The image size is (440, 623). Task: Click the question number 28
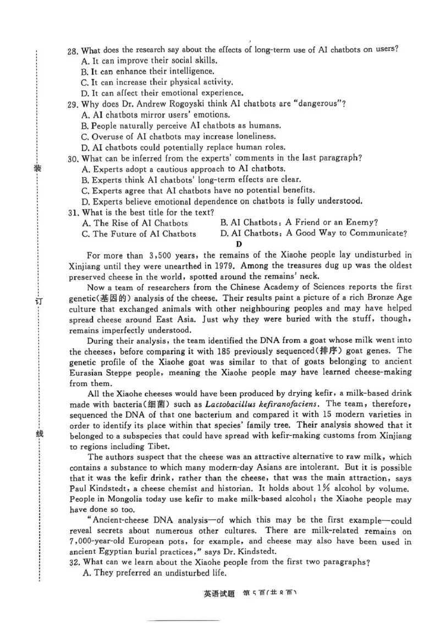(72, 51)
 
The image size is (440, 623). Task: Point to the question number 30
(72, 158)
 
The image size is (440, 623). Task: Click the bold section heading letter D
(239, 244)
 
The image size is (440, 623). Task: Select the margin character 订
(38, 301)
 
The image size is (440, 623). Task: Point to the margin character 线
(38, 434)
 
